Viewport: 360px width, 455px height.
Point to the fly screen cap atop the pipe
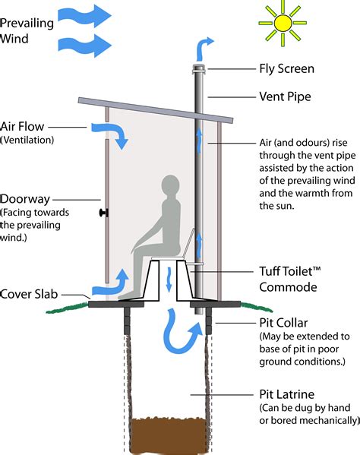pyautogui.click(x=196, y=70)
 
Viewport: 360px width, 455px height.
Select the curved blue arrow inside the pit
pyautogui.click(x=183, y=333)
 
